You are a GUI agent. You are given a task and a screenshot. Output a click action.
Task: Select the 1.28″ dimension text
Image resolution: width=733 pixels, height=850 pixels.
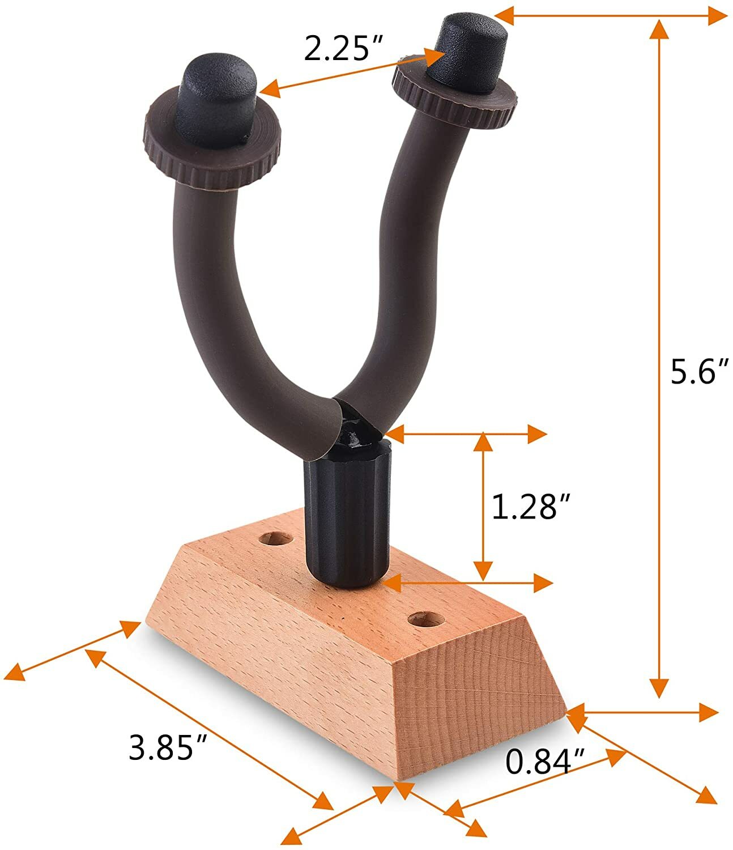(530, 506)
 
